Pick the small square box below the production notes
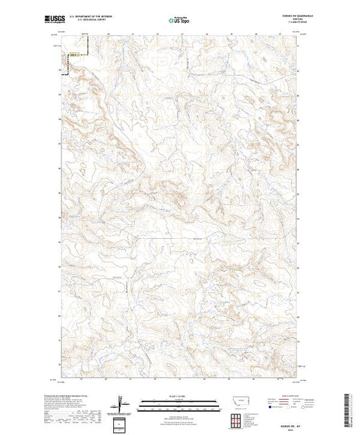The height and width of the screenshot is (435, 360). coord(121,423)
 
